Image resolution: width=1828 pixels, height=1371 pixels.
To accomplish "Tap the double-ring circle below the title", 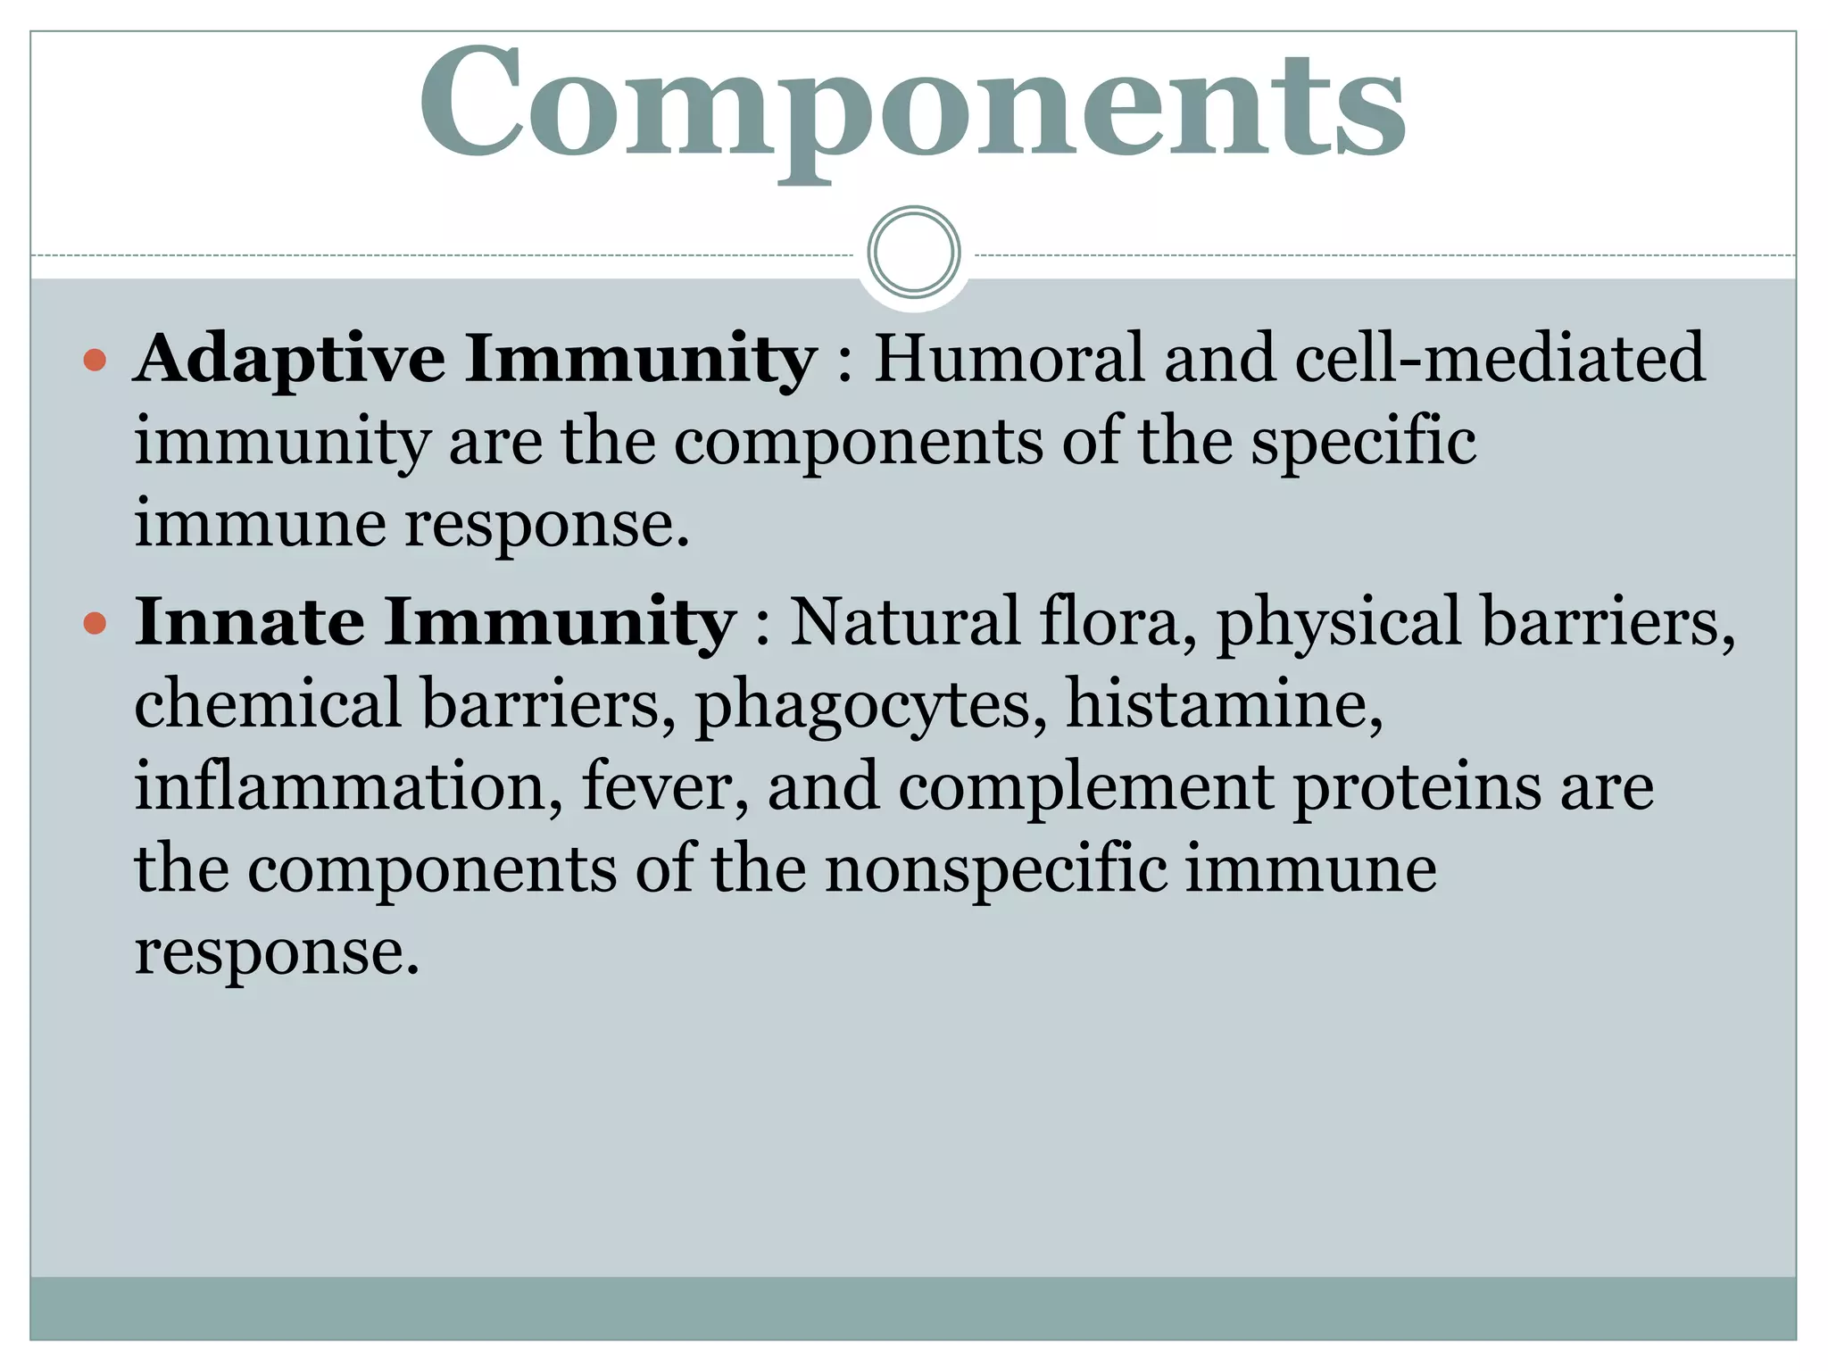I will pos(913,252).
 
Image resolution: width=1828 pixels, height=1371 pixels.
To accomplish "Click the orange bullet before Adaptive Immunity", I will pos(95,361).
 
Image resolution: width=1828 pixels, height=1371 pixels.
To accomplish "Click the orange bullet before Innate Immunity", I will pos(95,623).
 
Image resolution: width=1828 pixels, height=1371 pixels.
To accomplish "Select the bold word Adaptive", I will pos(290,359).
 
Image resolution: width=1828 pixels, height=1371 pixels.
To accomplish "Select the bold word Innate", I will pos(250,622).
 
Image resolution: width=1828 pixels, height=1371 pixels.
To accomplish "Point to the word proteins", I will pos(1417,788).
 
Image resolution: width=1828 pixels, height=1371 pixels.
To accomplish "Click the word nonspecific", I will pos(996,870).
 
